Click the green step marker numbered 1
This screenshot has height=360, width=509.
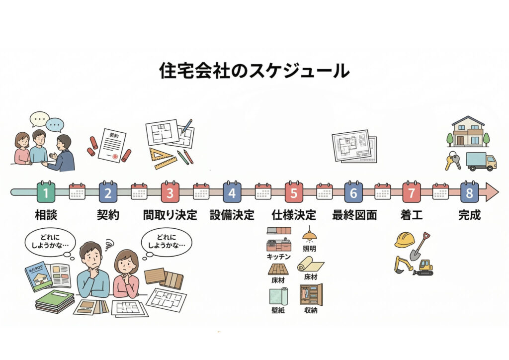pos(46,192)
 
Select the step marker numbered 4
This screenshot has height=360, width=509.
pos(232,192)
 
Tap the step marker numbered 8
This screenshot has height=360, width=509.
pos(469,192)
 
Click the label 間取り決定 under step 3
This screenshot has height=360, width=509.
pos(170,216)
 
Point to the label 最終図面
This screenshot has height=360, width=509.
pos(354,216)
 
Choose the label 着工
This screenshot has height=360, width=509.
pos(411,216)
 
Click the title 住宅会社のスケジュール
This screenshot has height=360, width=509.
pos(254,71)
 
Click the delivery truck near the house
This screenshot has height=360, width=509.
pos(481,162)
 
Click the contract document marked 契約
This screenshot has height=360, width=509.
pos(111,145)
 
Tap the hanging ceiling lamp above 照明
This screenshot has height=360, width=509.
pos(310,234)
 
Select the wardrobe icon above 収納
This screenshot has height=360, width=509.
pos(311,295)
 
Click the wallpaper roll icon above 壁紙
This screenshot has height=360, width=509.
pos(278,297)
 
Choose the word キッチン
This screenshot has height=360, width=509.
pos(279,257)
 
